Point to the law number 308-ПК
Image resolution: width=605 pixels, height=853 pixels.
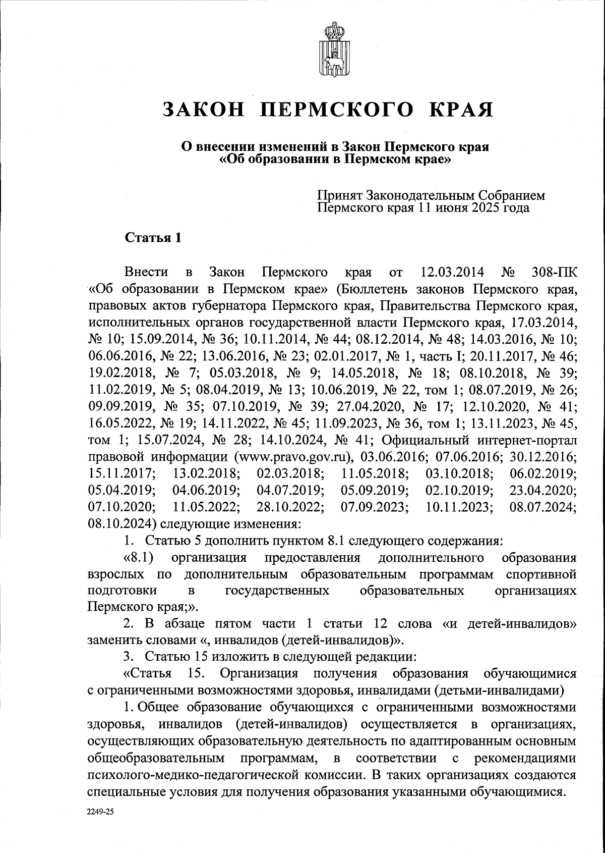555,273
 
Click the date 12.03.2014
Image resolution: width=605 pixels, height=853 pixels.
452,273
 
